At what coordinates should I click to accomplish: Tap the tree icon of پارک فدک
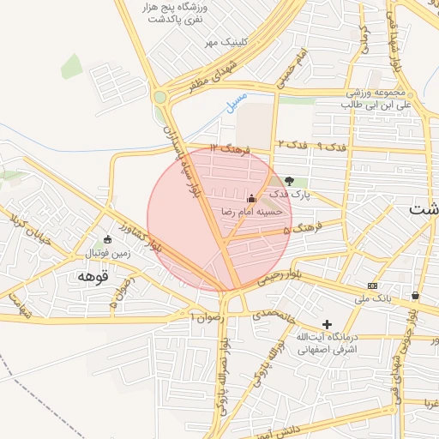[289, 181]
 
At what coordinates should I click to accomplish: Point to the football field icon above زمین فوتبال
[107, 239]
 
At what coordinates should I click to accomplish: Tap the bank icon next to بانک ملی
[371, 286]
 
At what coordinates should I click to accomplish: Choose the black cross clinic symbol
[326, 323]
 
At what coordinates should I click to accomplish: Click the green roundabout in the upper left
[159, 97]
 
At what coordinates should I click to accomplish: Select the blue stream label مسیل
[232, 104]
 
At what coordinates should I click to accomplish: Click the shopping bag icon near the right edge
[416, 295]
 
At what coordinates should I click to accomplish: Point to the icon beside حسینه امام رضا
[251, 198]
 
